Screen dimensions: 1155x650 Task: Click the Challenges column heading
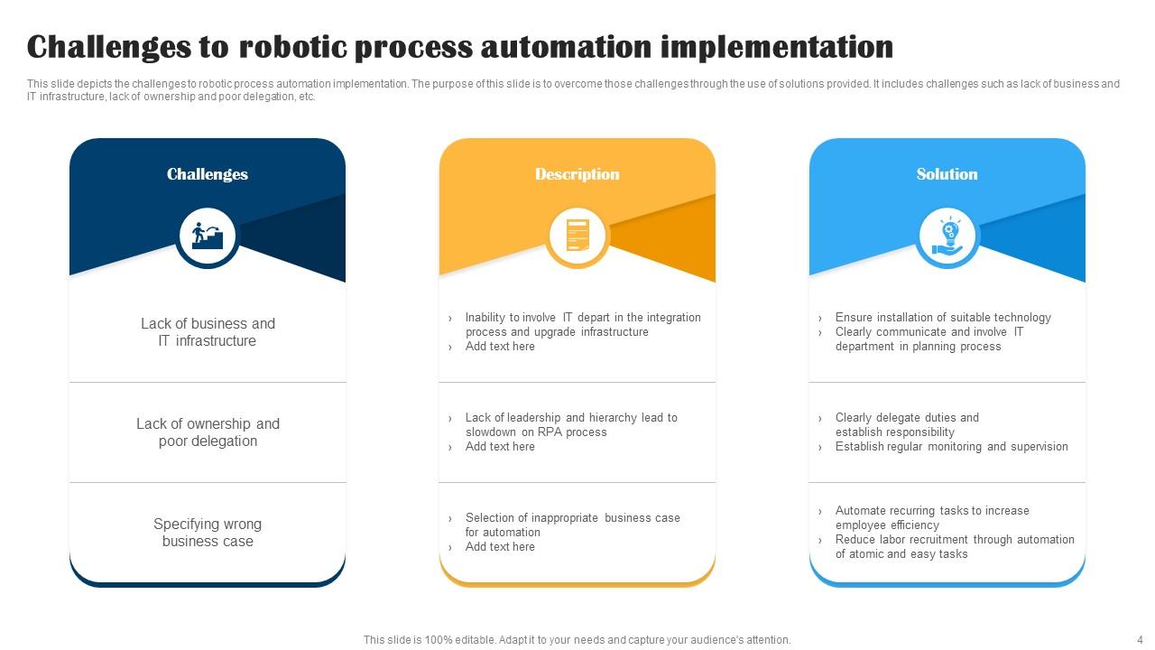coord(208,174)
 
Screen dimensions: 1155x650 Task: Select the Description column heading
coord(577,174)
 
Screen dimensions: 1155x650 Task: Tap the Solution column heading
coord(947,174)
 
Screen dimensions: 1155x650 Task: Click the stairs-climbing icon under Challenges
coord(208,237)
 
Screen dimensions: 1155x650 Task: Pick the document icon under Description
coord(577,236)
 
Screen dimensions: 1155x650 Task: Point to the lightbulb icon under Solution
coord(947,237)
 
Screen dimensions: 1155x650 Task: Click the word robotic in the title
coord(293,47)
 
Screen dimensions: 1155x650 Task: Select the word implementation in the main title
coord(777,48)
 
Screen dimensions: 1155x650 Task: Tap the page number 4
coord(1140,640)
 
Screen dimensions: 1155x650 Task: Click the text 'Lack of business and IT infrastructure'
coord(208,332)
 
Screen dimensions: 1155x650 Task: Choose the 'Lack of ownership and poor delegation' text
coord(208,432)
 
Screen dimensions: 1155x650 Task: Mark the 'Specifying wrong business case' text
coord(208,533)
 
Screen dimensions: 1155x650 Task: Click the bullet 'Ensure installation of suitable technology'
coord(943,317)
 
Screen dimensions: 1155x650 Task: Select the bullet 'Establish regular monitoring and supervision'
coord(951,446)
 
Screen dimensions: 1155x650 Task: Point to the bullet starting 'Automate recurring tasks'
coord(932,517)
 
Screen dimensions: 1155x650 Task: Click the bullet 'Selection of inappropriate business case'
coord(572,525)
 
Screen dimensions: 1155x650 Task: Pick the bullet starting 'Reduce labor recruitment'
coord(955,546)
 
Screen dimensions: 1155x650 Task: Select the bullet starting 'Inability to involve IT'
coord(583,324)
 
